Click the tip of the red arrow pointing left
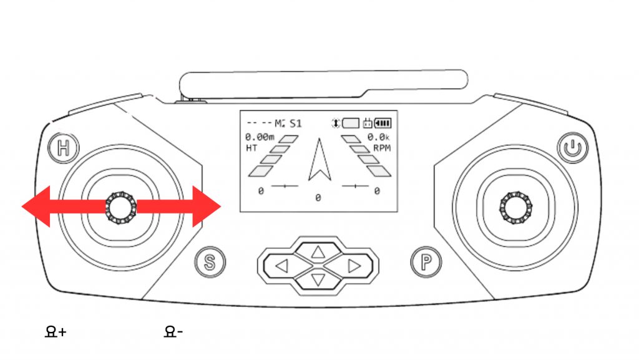pyautogui.click(x=22, y=207)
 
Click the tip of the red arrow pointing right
pyautogui.click(x=221, y=207)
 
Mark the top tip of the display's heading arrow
pyautogui.click(x=319, y=139)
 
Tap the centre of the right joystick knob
pyautogui.click(x=515, y=207)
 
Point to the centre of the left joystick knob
pyautogui.click(x=121, y=207)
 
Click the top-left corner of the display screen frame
pyautogui.click(x=240, y=110)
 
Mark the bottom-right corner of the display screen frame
pyautogui.click(x=398, y=212)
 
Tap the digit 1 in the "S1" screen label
pyautogui.click(x=299, y=124)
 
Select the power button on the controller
pyautogui.click(x=573, y=147)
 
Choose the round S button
pyautogui.click(x=210, y=262)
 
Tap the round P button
pyautogui.click(x=426, y=262)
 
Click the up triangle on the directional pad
pyautogui.click(x=318, y=253)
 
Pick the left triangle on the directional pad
pyautogui.click(x=282, y=266)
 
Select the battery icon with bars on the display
pyautogui.click(x=383, y=123)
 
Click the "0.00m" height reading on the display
pyautogui.click(x=260, y=137)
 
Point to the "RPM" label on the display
pyautogui.click(x=382, y=148)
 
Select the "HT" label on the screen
pyautogui.click(x=251, y=148)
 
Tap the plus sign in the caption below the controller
pyautogui.click(x=62, y=333)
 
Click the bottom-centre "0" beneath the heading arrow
pyautogui.click(x=318, y=198)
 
